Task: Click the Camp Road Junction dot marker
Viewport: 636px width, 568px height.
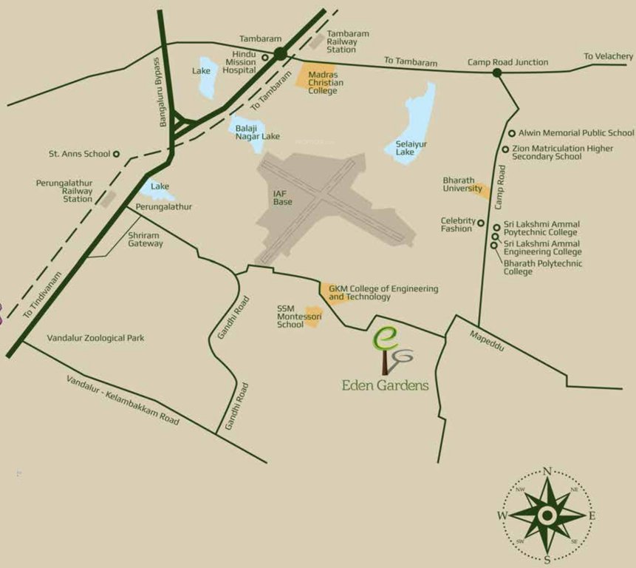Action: click(x=497, y=72)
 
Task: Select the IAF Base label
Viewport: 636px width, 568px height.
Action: click(x=282, y=197)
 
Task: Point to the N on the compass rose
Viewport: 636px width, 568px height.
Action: click(x=547, y=471)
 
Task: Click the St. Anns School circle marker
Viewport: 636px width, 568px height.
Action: click(x=116, y=154)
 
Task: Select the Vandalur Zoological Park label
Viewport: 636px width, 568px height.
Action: click(x=95, y=338)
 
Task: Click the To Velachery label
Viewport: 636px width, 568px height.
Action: click(x=608, y=56)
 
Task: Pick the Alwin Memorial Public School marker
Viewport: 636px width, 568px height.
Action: click(x=512, y=133)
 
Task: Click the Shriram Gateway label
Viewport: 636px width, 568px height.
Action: click(x=146, y=239)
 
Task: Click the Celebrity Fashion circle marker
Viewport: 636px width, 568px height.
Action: click(x=480, y=223)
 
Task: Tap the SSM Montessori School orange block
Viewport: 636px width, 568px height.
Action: click(x=313, y=316)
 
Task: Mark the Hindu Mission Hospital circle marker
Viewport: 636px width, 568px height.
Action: click(x=265, y=56)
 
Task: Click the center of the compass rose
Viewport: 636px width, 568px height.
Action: click(x=547, y=515)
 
